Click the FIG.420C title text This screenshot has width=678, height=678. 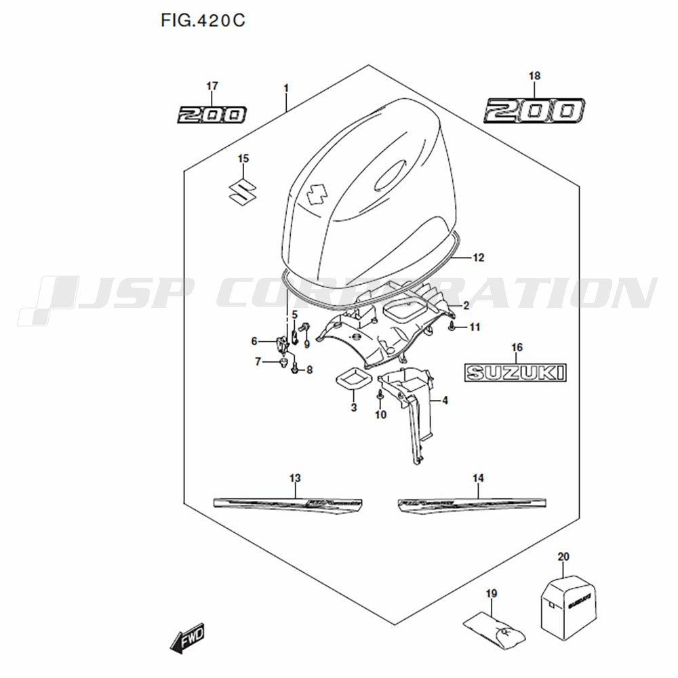pyautogui.click(x=202, y=21)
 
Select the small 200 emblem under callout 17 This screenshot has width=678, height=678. pyautogui.click(x=212, y=115)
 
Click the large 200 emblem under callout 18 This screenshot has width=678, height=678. pyautogui.click(x=534, y=110)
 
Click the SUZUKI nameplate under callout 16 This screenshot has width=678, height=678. pyautogui.click(x=515, y=372)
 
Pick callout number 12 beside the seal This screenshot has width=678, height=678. pyautogui.click(x=479, y=258)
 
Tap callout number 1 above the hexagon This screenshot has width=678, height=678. pyautogui.click(x=286, y=88)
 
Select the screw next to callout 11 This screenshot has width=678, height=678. pyautogui.click(x=451, y=327)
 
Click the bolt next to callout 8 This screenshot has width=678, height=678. pyautogui.click(x=294, y=370)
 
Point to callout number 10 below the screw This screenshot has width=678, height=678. pyautogui.click(x=380, y=415)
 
